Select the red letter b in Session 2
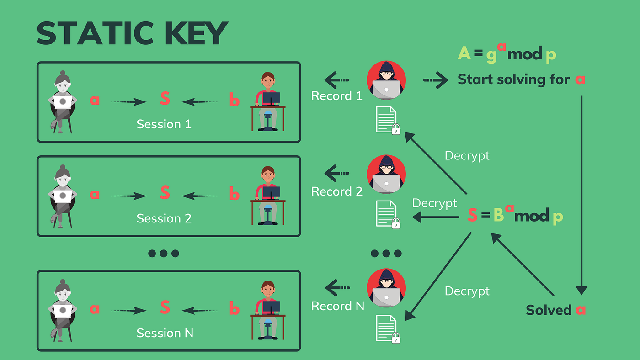tap(234, 195)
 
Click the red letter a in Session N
tap(95, 309)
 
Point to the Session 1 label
tap(164, 124)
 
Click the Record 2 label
tap(337, 192)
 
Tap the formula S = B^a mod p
tap(515, 215)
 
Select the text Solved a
tap(555, 310)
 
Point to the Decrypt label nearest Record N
tap(467, 291)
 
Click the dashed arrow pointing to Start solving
tap(435, 80)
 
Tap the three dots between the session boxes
tap(164, 254)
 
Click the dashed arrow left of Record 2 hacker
tap(337, 174)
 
